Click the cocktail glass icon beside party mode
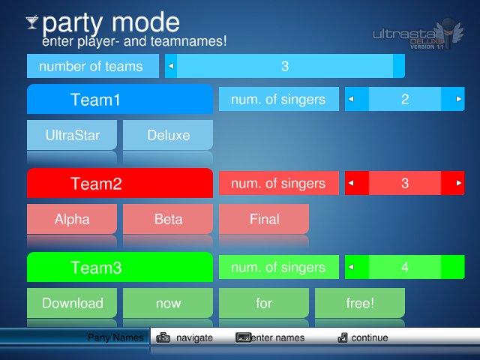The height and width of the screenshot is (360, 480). point(31,22)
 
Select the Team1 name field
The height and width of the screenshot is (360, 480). point(120,99)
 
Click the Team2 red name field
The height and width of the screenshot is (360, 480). point(120,183)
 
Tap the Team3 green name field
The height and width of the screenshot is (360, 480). point(120,267)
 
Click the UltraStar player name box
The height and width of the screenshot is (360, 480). point(72,135)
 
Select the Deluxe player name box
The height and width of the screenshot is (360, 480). point(168,135)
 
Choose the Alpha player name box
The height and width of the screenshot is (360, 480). point(72,219)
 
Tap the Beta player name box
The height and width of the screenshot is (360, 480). point(168,219)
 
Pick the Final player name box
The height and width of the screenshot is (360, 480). point(264,219)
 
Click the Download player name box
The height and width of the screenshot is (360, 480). point(72,303)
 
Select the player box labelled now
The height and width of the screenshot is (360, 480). point(168,303)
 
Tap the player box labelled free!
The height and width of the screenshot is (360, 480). point(360,303)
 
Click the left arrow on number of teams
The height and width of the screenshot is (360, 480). point(171,66)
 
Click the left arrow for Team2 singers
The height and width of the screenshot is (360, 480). point(351,183)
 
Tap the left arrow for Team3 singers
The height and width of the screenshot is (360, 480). point(351,267)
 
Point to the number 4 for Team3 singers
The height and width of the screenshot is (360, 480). point(405,267)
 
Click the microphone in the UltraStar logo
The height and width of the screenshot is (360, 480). point(448,33)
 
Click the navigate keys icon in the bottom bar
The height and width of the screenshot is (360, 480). point(163,337)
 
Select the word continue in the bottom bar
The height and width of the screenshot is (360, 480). point(370,337)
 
